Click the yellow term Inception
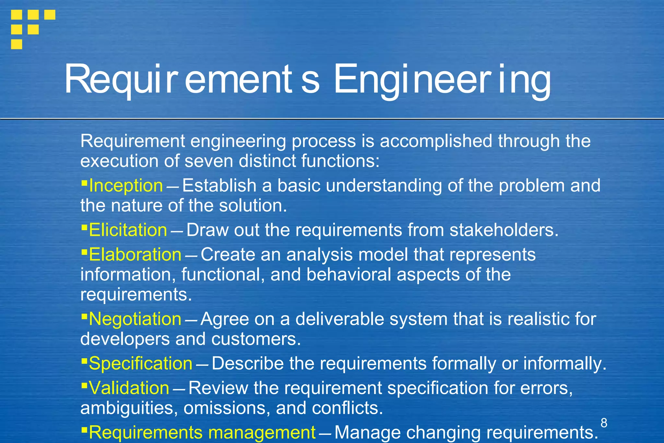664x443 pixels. click(126, 186)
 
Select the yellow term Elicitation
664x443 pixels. click(128, 230)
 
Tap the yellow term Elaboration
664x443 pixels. click(135, 254)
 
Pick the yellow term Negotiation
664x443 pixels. click(135, 319)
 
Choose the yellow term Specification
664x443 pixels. click(140, 363)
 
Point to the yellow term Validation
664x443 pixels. click(129, 388)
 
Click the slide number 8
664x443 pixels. click(604, 423)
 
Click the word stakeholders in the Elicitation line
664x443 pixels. click(504, 230)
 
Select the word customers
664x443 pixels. click(256, 339)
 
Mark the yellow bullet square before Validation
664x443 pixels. click(84, 385)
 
